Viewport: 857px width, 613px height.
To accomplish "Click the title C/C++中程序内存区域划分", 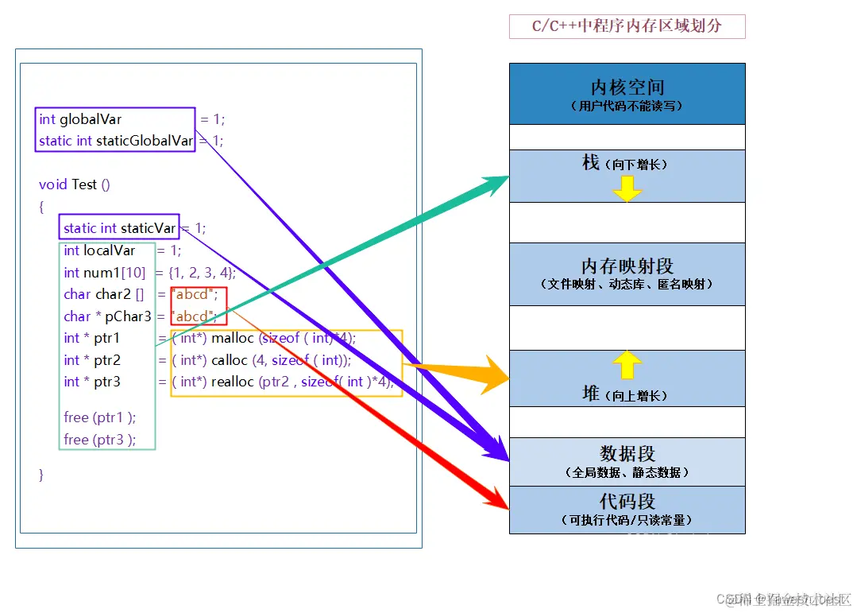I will (x=627, y=26).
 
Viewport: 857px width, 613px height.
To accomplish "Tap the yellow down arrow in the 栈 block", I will (x=627, y=189).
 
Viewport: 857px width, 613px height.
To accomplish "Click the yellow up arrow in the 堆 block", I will (x=627, y=365).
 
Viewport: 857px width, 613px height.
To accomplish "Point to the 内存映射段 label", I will (x=627, y=266).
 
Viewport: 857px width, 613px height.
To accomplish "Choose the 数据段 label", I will (x=627, y=454).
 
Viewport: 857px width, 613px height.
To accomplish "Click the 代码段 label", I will (x=627, y=502).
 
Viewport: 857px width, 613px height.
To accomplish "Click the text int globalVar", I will (x=80, y=119).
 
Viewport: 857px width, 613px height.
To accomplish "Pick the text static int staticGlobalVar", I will (x=116, y=141).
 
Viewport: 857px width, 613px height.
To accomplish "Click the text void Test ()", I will (x=75, y=184).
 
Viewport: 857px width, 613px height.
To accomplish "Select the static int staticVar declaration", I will (x=119, y=228).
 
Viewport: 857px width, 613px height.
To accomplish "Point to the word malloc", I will (x=232, y=338).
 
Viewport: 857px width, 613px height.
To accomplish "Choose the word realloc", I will (x=235, y=382).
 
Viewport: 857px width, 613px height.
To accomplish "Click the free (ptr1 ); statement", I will (x=100, y=417).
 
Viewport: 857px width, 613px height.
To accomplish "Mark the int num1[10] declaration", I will (x=104, y=273).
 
